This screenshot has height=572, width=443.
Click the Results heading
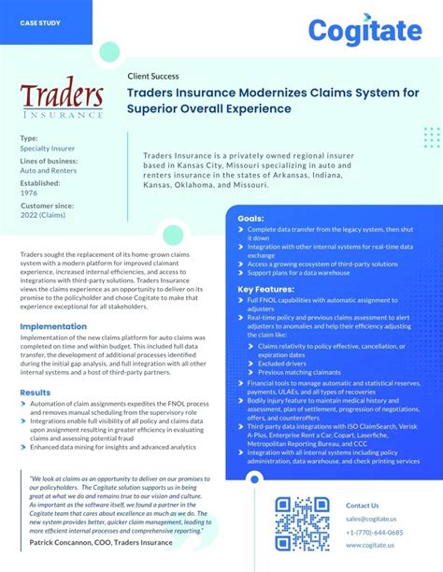[x=36, y=393]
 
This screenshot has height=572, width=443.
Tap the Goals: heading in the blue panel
[x=250, y=218]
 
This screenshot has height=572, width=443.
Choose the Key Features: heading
[x=266, y=290]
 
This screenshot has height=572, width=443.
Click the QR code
[x=304, y=523]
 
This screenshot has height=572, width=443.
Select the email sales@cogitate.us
[x=371, y=518]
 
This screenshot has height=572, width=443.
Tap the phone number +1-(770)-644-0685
[x=376, y=532]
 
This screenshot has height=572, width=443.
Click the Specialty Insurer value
[x=47, y=146]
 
